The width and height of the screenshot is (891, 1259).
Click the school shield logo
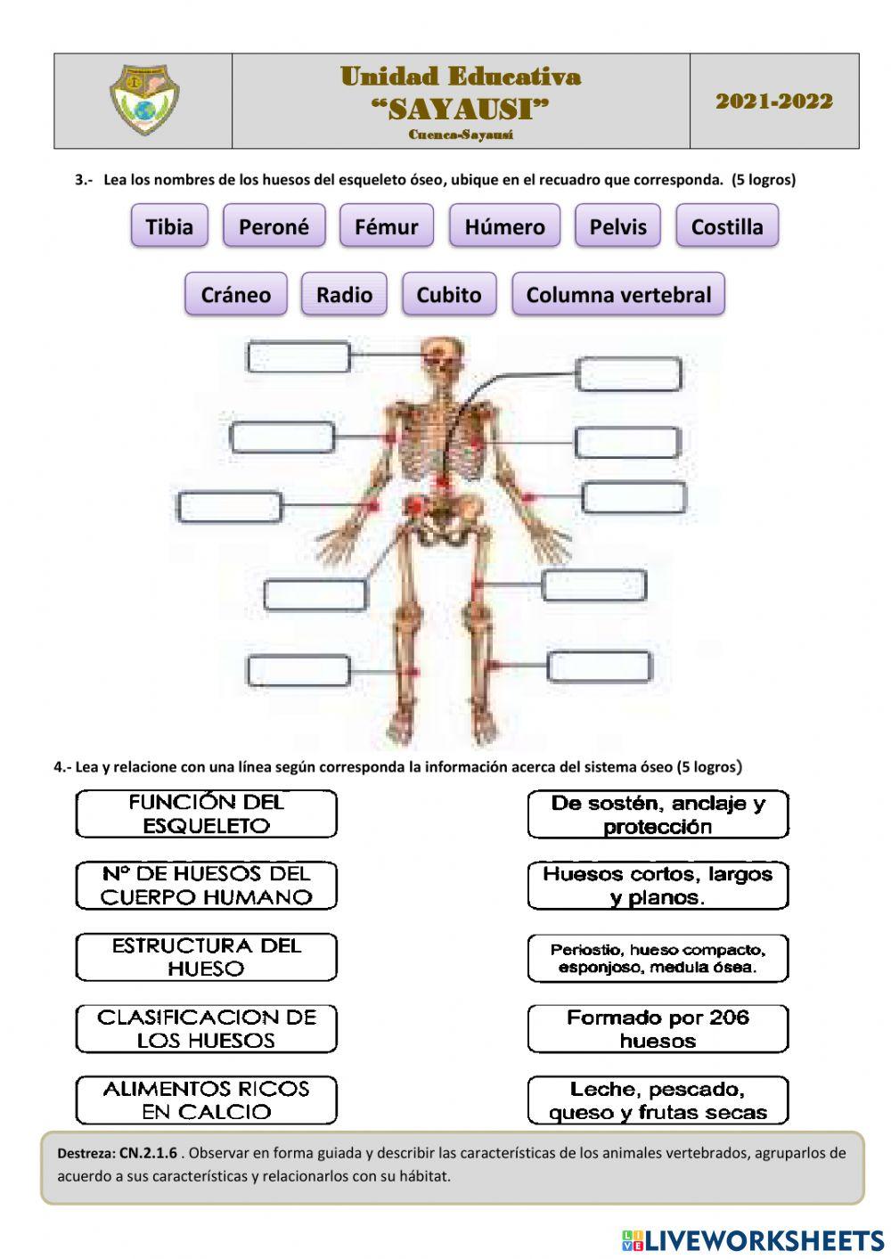point(143,100)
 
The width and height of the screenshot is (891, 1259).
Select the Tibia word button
point(169,225)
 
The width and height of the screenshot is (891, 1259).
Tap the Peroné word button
point(274,225)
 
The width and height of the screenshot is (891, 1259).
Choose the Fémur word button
point(386,225)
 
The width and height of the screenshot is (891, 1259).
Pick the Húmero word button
point(504,225)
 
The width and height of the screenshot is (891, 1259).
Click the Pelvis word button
point(617,225)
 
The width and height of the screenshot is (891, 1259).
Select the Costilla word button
point(726,225)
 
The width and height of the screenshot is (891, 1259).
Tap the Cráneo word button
point(235,294)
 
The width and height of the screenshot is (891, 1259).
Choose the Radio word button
point(344,294)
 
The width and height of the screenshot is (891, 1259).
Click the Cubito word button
point(448,294)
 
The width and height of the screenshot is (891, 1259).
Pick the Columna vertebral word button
point(618,294)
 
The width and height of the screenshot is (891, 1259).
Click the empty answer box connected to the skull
point(298,356)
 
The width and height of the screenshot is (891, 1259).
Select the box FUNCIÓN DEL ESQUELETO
point(206,813)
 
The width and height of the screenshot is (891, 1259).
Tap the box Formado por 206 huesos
point(658,1028)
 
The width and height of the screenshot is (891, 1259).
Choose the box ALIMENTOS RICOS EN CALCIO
point(206,1100)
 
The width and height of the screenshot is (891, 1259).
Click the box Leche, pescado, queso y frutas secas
point(658,1100)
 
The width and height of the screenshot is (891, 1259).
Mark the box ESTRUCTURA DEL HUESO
point(206,957)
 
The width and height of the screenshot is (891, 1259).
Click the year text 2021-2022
point(773,101)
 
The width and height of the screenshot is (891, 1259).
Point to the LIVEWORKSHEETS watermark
point(753,1239)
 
